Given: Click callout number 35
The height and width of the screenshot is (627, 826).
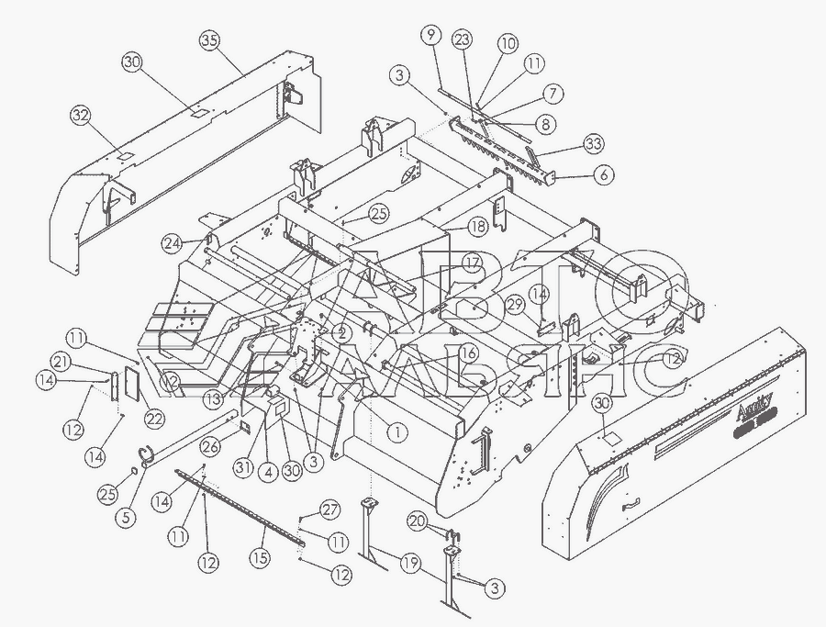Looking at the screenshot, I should click(x=211, y=40).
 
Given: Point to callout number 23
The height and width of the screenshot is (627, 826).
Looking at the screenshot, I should click(x=462, y=39).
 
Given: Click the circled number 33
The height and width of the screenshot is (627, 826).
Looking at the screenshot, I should click(x=594, y=144).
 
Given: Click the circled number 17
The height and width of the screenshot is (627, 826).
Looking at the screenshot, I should click(x=471, y=262).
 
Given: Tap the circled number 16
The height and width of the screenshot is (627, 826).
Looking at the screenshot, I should click(x=467, y=353).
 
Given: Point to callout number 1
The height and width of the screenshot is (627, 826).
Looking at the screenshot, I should click(x=396, y=428).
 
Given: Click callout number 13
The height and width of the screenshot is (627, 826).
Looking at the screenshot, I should click(x=214, y=398).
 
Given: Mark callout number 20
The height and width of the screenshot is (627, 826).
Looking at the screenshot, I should click(x=418, y=522).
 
